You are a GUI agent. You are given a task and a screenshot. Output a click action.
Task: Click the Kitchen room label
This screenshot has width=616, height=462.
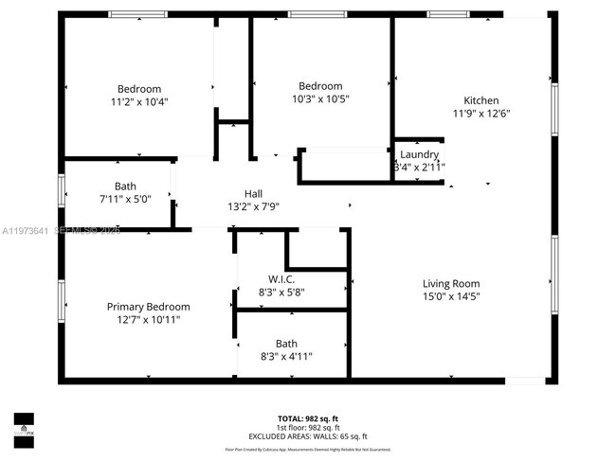click(480, 100)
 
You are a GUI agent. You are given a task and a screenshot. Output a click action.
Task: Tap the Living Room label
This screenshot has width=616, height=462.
click(450, 283)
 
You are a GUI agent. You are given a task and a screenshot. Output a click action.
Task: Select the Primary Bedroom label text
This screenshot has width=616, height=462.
click(148, 307)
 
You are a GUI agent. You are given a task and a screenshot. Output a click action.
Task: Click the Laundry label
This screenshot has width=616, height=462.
click(419, 154)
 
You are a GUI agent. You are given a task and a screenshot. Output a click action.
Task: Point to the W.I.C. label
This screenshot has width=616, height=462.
click(281, 279)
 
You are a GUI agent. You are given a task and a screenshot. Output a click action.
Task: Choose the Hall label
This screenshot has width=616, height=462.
click(253, 192)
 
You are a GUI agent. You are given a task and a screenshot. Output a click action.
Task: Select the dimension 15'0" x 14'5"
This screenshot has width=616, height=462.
click(450, 296)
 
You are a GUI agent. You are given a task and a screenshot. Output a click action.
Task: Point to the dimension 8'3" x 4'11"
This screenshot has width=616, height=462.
click(285, 357)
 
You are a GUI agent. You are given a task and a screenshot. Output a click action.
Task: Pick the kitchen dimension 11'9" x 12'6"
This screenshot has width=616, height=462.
click(480, 114)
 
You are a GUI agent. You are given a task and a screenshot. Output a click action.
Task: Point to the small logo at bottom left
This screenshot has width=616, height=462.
click(23, 423)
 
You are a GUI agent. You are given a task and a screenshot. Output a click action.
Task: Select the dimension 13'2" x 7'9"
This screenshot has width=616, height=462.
click(253, 205)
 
